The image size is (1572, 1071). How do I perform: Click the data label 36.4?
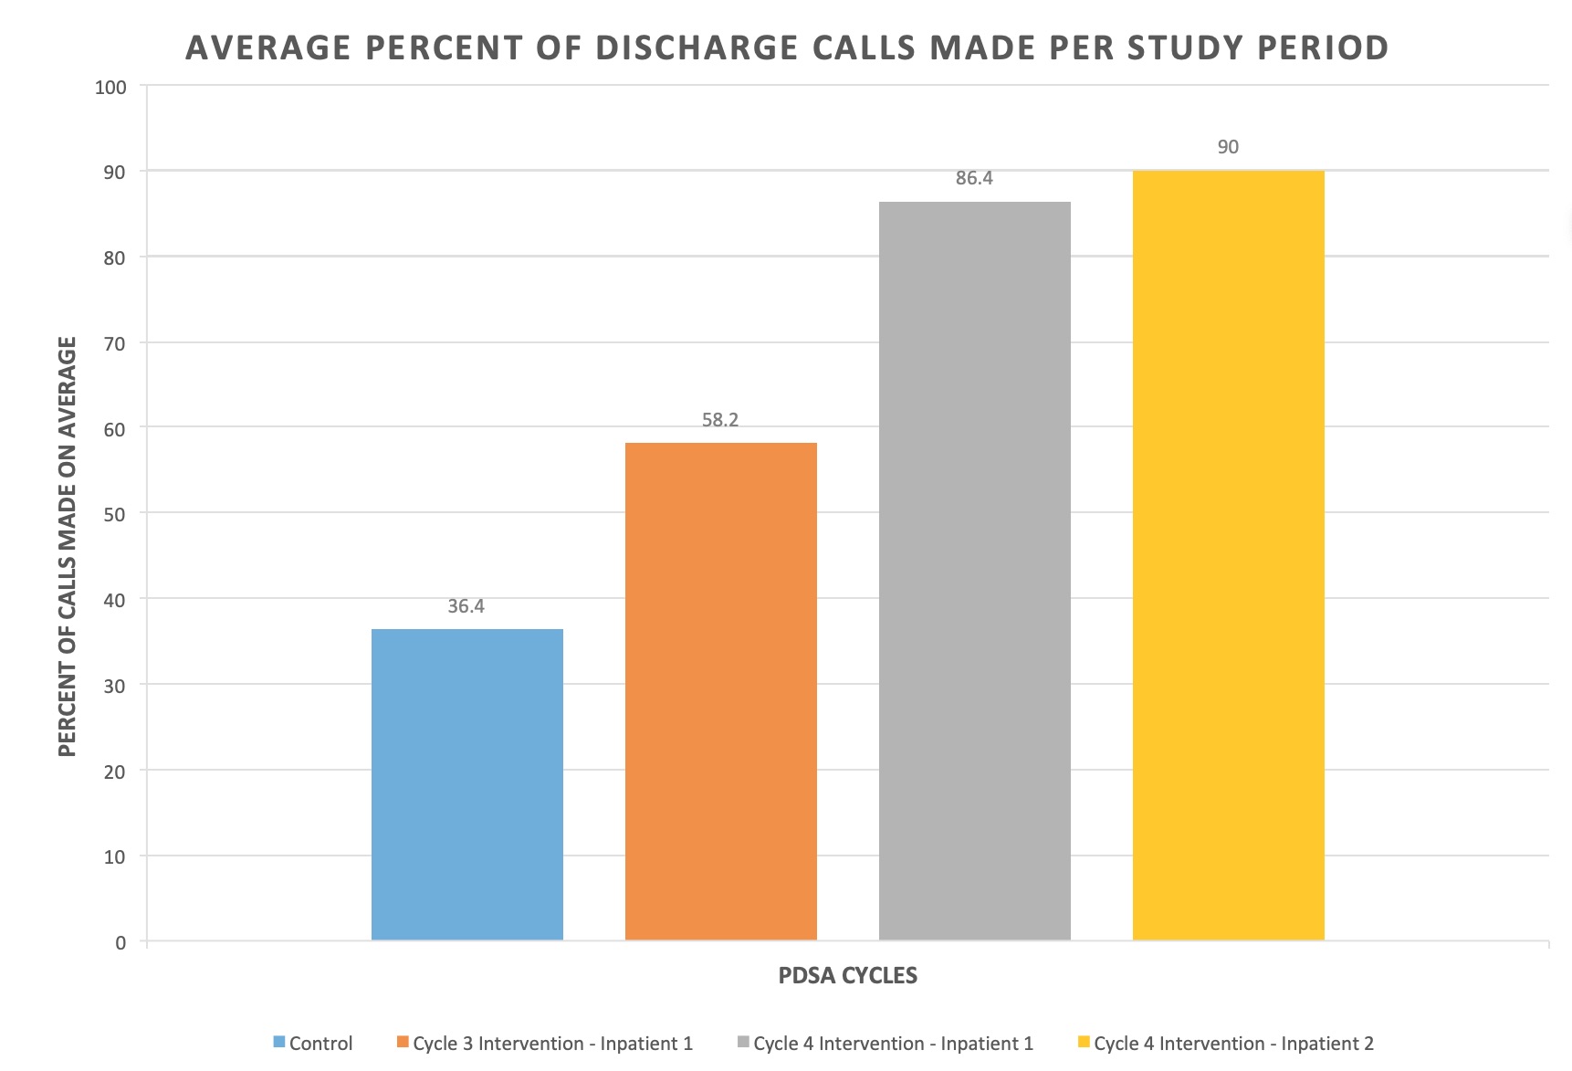pyautogui.click(x=466, y=606)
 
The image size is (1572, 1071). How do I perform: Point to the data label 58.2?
pyautogui.click(x=720, y=420)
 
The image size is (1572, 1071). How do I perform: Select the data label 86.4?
pyautogui.click(x=974, y=178)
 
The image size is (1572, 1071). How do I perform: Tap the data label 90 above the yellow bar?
pyautogui.click(x=1228, y=147)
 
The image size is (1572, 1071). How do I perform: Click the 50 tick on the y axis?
pyautogui.click(x=115, y=514)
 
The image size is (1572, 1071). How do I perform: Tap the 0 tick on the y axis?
pyautogui.click(x=121, y=943)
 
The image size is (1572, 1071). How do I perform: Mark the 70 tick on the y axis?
pyautogui.click(x=115, y=344)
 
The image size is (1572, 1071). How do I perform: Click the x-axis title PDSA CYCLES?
pyautogui.click(x=847, y=975)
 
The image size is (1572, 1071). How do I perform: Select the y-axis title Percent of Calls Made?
pyautogui.click(x=67, y=546)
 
